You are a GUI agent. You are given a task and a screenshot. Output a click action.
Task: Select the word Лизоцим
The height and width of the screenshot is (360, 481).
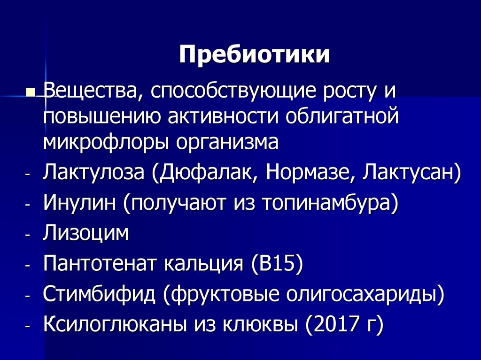(x=85, y=233)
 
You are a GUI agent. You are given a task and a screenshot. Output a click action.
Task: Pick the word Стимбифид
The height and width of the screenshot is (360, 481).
(x=99, y=294)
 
